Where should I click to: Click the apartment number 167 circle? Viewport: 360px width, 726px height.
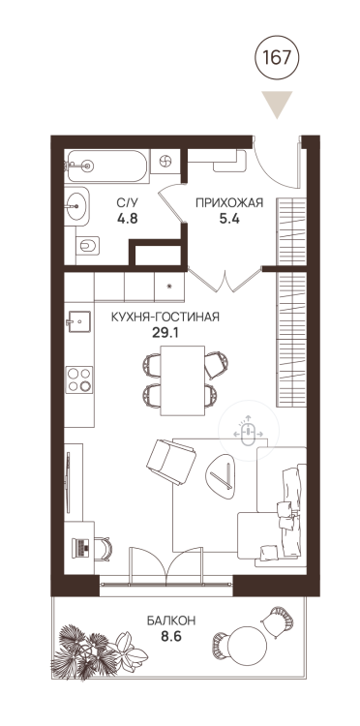click(277, 58)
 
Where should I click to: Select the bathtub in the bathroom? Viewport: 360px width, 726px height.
click(106, 166)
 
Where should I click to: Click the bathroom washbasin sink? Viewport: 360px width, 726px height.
click(75, 206)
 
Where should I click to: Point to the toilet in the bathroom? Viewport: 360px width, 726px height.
click(88, 246)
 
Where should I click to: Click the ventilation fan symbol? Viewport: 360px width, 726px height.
click(165, 162)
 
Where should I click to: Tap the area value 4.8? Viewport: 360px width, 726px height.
click(127, 218)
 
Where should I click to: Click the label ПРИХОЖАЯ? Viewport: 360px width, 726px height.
click(229, 202)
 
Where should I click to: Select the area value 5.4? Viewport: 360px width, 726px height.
click(229, 218)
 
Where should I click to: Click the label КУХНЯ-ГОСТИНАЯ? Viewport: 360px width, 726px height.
click(165, 317)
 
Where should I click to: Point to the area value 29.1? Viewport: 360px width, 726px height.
click(165, 332)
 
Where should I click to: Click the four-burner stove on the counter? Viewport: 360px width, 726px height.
click(79, 379)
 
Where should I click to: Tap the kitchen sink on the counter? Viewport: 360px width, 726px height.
click(77, 321)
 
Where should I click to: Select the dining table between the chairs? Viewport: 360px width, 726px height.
click(182, 380)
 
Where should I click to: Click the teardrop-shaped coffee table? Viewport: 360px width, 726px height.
click(220, 474)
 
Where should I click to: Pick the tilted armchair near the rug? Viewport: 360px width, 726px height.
click(171, 461)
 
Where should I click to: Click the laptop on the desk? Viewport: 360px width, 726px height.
click(80, 548)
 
